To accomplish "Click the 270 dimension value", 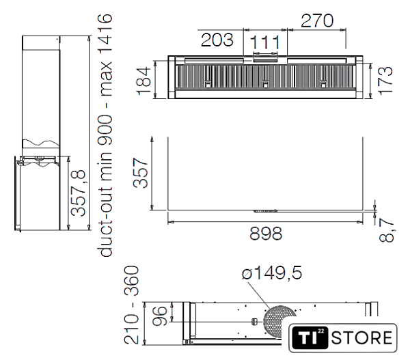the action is tap(317, 20).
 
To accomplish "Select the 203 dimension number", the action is tap(217, 40).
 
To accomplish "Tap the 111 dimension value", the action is tap(265, 42).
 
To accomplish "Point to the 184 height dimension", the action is tap(143, 81).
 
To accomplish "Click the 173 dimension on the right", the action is tap(385, 80).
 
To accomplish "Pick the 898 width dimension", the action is tap(266, 234).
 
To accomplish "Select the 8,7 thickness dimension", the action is tap(386, 231).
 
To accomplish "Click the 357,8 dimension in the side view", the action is tap(79, 193).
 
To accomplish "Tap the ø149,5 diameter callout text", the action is tap(272, 273).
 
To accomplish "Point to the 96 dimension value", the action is tap(159, 316).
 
